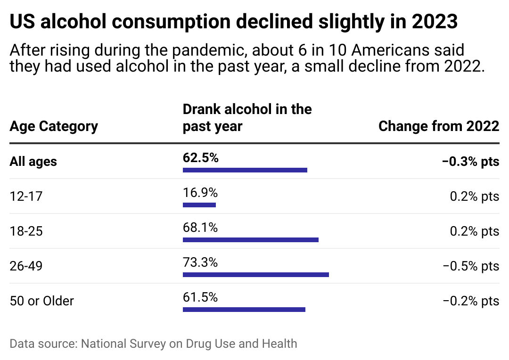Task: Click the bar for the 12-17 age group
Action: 199,205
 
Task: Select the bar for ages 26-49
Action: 255,275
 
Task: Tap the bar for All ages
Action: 245,170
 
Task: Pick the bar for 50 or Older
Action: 244,310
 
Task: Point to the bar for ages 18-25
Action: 250,240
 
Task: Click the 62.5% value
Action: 200,158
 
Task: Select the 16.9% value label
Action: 200,193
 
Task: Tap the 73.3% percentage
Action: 200,262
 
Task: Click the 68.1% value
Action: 200,228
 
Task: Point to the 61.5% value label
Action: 200,297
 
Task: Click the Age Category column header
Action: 54,126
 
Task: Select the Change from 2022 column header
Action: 438,126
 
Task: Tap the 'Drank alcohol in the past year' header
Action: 247,118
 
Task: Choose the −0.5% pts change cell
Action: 470,266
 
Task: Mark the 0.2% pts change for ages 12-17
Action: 474,196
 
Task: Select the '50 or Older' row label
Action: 42,301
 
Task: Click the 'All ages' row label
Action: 33,162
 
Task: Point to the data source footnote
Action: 153,344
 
